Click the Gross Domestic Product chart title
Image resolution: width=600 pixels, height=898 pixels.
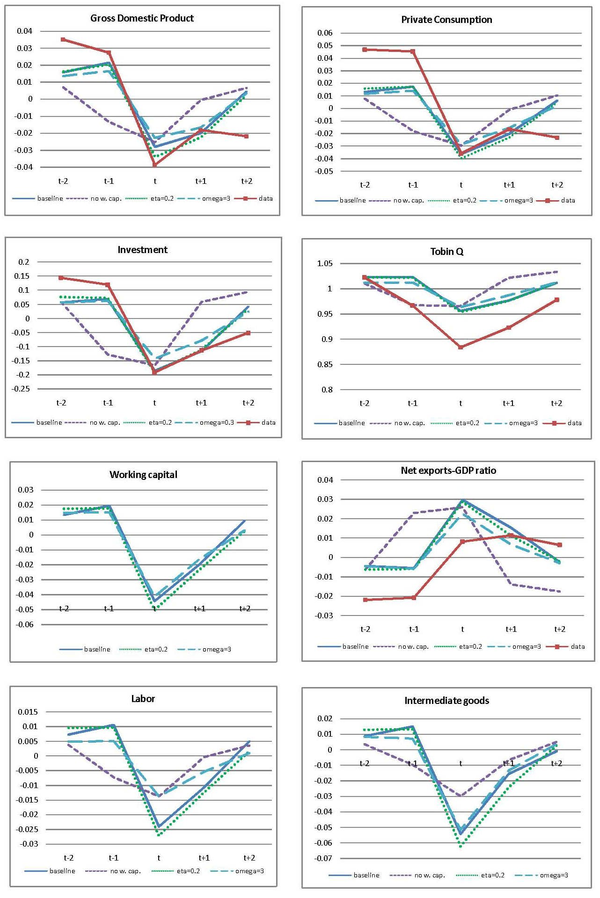142,18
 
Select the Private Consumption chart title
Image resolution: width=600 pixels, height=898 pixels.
446,20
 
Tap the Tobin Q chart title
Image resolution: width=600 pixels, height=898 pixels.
446,252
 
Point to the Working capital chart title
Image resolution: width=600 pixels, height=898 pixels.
143,475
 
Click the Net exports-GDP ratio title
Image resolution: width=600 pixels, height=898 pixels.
448,471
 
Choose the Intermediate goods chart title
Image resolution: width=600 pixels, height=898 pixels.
446,701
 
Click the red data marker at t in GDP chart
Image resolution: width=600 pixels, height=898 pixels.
154,165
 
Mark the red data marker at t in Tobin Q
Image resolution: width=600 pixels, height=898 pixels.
461,347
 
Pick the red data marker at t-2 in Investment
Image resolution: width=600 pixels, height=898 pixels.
61,278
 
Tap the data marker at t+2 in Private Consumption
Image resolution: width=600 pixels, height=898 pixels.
557,138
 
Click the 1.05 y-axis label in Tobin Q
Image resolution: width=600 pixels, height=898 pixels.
325,264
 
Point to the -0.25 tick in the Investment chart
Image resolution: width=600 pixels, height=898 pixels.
21,389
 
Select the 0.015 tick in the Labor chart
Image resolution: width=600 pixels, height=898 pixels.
28,712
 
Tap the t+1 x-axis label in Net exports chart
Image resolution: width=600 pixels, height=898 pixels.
511,629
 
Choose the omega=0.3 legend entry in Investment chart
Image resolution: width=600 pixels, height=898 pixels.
217,422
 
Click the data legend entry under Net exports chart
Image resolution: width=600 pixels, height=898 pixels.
578,646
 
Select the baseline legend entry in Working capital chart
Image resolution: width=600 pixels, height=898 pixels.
97,649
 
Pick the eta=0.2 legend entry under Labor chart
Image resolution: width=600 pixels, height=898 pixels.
188,871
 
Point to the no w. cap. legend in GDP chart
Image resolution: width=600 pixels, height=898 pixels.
106,198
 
